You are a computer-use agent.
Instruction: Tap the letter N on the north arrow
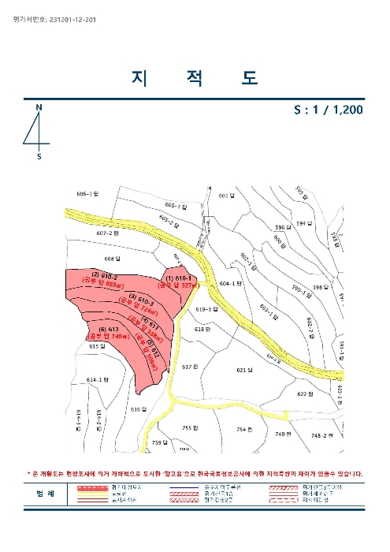pyautogui.click(x=39, y=106)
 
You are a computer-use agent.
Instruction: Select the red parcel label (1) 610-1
pyautogui.click(x=179, y=278)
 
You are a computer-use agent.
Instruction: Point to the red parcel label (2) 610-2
pyautogui.click(x=105, y=276)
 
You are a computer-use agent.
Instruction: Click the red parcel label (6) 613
pyautogui.click(x=109, y=329)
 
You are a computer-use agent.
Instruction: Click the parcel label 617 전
pyautogui.click(x=188, y=367)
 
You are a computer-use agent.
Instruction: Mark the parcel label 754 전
pyautogui.click(x=244, y=429)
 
